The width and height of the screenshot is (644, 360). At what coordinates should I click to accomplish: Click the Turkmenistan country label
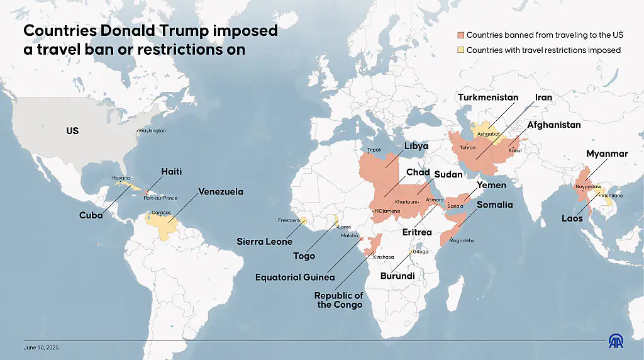pyautogui.click(x=488, y=98)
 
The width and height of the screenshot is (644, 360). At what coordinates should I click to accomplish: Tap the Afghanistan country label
pyautogui.click(x=553, y=125)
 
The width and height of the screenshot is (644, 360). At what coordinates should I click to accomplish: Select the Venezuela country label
pyautogui.click(x=221, y=192)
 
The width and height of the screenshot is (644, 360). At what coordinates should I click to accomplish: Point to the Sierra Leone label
pyautogui.click(x=264, y=242)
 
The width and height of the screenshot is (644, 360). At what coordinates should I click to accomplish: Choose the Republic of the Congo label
pyautogui.click(x=339, y=300)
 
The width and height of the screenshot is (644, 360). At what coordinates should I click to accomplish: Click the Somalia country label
pyautogui.click(x=494, y=205)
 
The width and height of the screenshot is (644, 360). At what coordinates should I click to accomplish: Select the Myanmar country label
pyautogui.click(x=607, y=154)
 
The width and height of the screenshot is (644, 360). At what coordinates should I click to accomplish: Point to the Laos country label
pyautogui.click(x=572, y=219)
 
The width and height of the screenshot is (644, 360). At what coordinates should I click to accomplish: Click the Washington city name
pyautogui.click(x=152, y=131)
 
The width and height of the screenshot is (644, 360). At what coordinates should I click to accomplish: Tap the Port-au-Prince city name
pyautogui.click(x=160, y=198)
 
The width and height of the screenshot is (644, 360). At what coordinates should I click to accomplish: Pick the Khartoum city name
pyautogui.click(x=406, y=202)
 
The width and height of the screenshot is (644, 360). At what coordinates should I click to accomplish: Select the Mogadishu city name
pyautogui.click(x=462, y=241)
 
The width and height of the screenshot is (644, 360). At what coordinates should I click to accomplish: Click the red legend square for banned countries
pyautogui.click(x=460, y=35)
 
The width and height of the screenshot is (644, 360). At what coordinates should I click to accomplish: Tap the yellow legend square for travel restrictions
pyautogui.click(x=460, y=50)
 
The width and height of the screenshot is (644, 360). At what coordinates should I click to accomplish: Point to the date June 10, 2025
pyautogui.click(x=41, y=347)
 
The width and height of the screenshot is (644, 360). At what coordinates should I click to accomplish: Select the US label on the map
pyautogui.click(x=72, y=131)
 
